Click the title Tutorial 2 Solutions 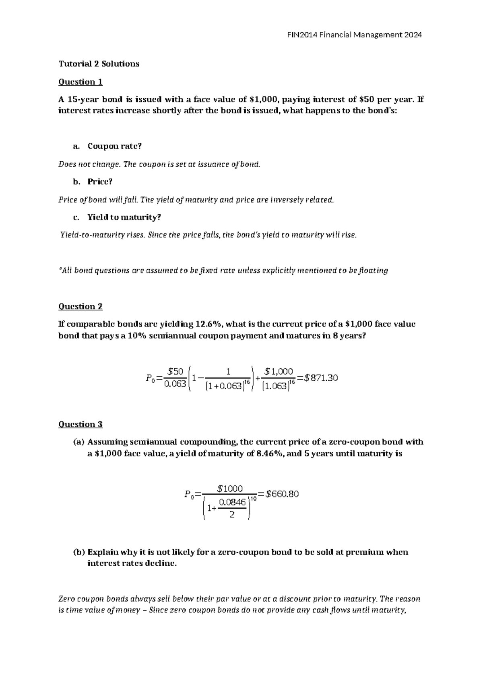click(99, 64)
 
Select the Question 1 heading click(80, 82)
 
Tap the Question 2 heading click(80, 306)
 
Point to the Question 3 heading click(80, 424)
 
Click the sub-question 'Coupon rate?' click(115, 146)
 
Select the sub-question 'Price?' click(100, 182)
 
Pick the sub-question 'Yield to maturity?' click(124, 218)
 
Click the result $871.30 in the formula click(321, 378)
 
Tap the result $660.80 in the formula click(283, 494)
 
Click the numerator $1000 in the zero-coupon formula click(230, 489)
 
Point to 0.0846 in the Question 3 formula click(232, 502)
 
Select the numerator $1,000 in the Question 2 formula click(279, 371)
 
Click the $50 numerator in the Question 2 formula click(175, 371)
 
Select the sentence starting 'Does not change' click(159, 164)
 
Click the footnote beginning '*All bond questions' click(223, 271)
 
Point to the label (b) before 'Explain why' click(79, 552)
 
